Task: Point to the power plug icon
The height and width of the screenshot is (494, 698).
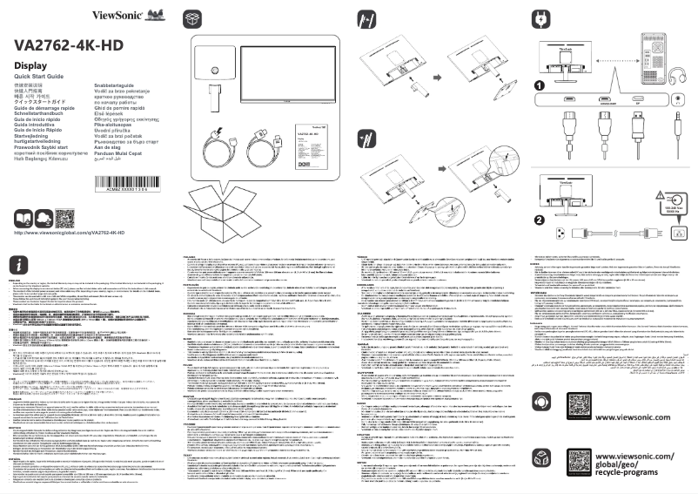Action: tap(540, 18)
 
